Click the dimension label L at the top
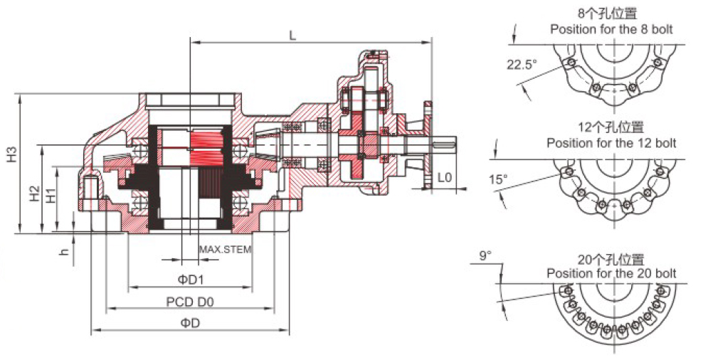point(292,36)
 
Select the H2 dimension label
point(35,194)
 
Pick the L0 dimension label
point(444,177)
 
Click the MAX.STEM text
point(226,249)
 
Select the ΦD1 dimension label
point(191,280)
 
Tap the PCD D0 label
point(190,301)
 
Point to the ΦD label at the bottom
point(190,322)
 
